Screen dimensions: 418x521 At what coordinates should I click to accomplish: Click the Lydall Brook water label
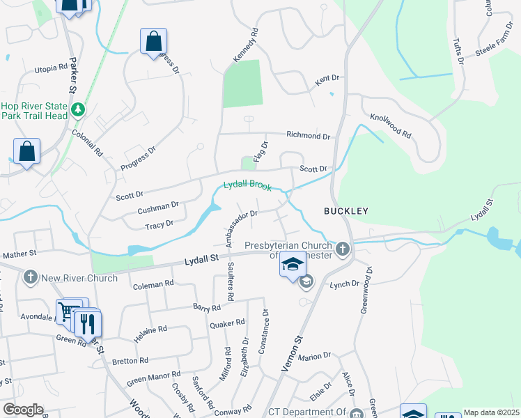tap(247, 186)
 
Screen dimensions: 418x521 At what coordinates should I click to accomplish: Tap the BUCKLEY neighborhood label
tap(345, 210)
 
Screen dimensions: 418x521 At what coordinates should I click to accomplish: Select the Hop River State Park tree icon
tap(79, 109)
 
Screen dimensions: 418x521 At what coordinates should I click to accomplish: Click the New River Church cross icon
tap(30, 277)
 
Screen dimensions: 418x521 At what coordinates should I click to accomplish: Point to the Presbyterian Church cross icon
tap(342, 248)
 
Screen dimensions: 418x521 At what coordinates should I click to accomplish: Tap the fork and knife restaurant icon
tap(87, 324)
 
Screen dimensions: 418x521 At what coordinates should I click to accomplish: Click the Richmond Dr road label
tap(308, 137)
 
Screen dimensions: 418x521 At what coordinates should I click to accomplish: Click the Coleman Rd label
tap(153, 284)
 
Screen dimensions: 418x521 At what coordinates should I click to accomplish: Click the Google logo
tap(23, 410)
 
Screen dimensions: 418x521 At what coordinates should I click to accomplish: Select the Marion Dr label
tap(314, 357)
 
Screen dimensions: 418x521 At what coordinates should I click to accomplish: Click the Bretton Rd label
tap(130, 361)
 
